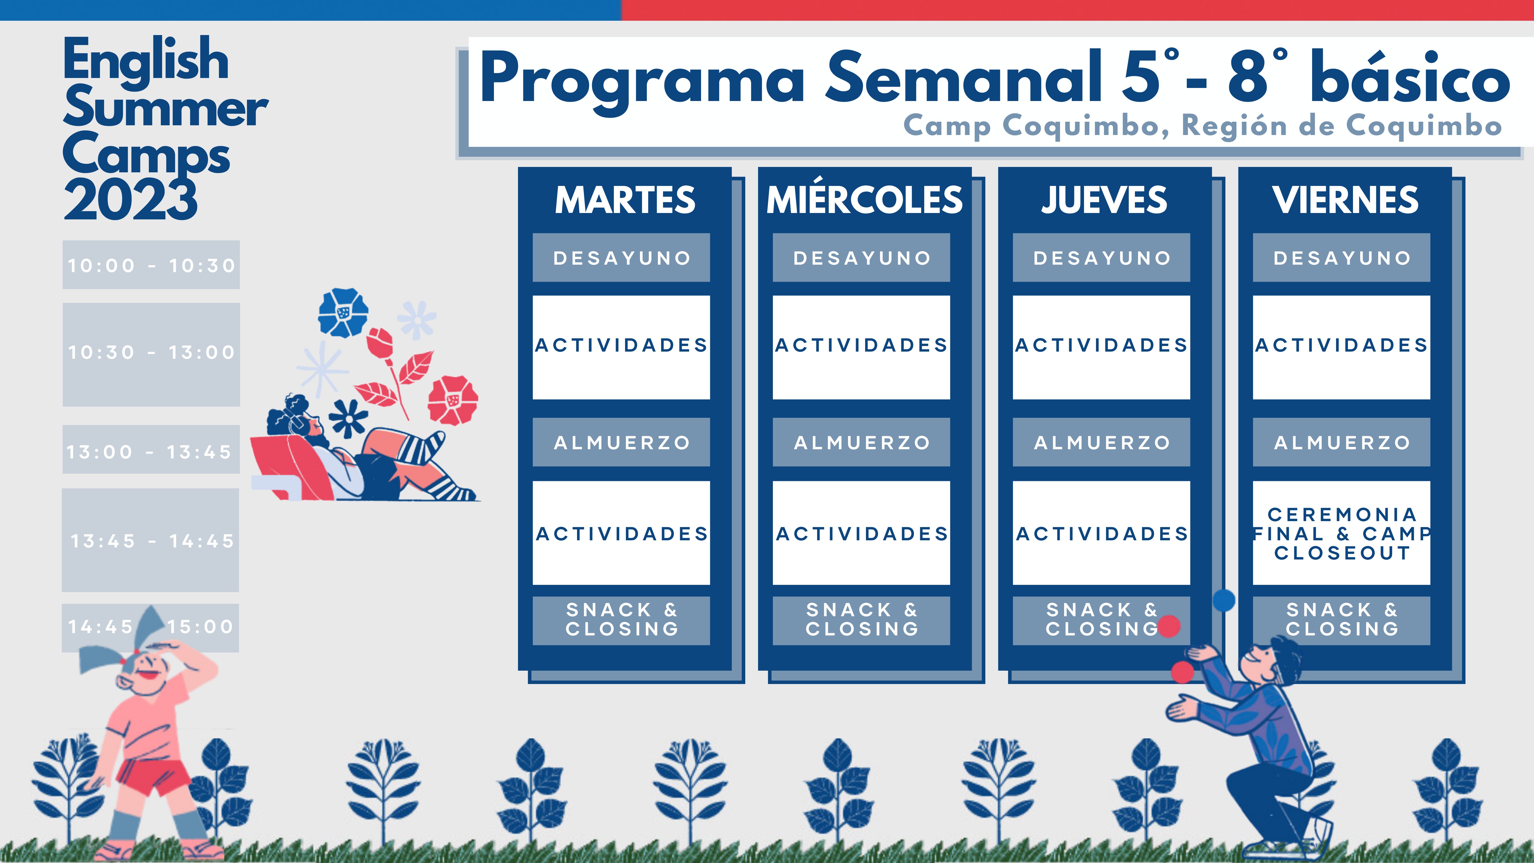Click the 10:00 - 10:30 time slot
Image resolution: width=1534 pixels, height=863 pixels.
(x=151, y=265)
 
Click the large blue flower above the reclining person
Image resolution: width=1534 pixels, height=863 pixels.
(x=343, y=313)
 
